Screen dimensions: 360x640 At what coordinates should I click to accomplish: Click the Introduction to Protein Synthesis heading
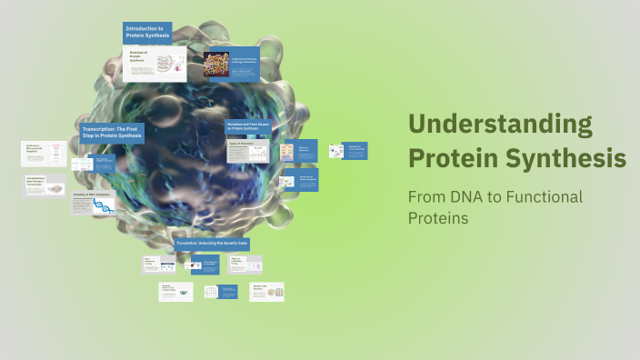pos(147,33)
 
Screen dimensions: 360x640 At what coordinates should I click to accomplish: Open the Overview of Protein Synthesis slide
pos(155,65)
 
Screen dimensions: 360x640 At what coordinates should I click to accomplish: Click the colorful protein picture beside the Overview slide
pos(217,63)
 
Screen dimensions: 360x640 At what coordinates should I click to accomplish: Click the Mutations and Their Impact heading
pos(247,127)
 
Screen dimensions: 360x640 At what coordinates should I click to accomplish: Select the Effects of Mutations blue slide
pos(305,151)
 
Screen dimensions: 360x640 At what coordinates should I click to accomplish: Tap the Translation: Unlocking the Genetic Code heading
pos(212,244)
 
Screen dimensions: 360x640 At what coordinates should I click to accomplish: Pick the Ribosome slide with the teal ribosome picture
pos(175,292)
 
